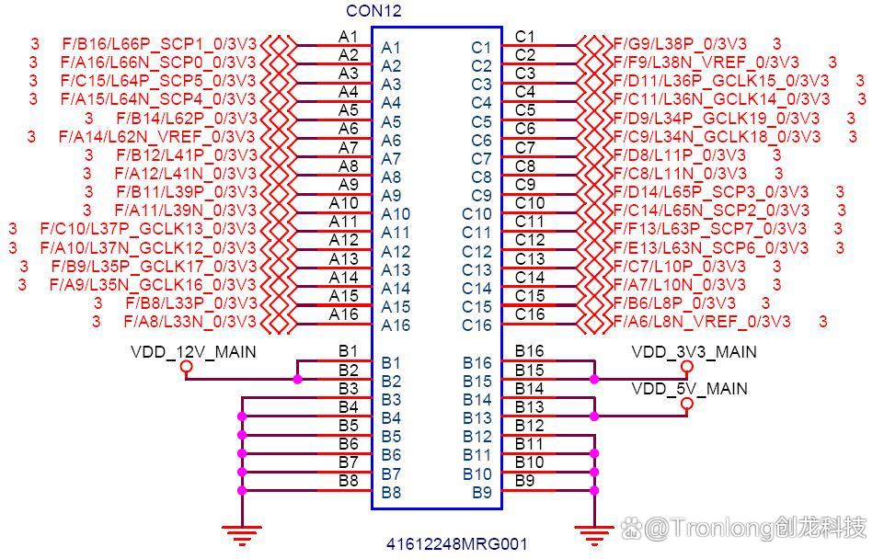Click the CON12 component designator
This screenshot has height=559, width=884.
[373, 11]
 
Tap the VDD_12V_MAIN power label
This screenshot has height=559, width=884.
[193, 352]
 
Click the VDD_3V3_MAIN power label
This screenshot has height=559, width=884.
[694, 352]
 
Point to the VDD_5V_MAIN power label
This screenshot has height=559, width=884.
[689, 389]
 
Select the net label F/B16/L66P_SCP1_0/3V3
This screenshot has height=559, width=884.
[158, 43]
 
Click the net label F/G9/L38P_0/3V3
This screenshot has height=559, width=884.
[680, 43]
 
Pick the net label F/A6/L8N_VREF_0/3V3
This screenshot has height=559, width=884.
[701, 322]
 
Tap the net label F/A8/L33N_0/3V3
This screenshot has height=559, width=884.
[189, 322]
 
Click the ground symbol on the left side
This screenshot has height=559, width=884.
[242, 530]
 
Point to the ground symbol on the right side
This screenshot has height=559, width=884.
[593, 530]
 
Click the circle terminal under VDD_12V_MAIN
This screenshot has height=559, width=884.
[187, 367]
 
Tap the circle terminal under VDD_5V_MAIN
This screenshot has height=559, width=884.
[686, 404]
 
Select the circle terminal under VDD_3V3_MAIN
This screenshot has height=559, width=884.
[686, 367]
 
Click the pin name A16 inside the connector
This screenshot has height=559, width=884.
[396, 325]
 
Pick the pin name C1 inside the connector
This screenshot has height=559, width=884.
[481, 48]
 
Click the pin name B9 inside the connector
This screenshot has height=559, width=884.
[482, 492]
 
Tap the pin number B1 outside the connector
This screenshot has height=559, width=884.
[348, 350]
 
